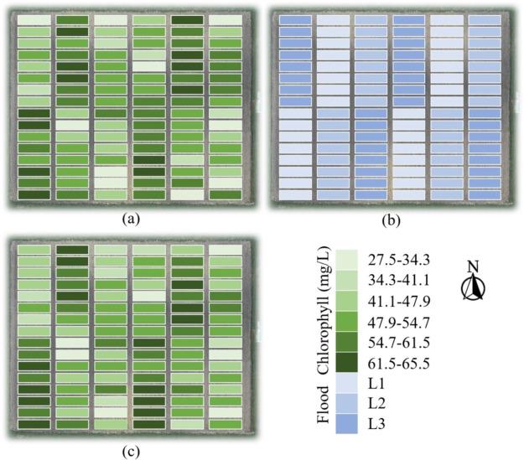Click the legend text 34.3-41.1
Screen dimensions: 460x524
tap(396, 277)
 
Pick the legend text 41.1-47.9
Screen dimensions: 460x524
tap(396, 299)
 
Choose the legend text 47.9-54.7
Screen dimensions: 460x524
tap(396, 321)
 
